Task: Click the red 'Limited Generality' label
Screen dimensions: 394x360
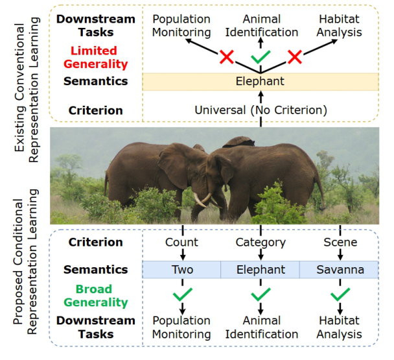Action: tap(95, 57)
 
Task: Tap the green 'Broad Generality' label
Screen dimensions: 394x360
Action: tap(95, 296)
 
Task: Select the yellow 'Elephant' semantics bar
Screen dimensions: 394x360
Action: tap(261, 82)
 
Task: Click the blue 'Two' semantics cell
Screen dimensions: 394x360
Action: tap(181, 270)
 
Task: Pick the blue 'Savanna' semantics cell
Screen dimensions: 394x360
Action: tap(339, 270)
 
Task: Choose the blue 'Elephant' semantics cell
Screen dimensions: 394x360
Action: tap(261, 270)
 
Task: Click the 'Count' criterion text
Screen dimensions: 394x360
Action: tap(181, 242)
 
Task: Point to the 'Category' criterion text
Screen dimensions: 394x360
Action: tap(261, 243)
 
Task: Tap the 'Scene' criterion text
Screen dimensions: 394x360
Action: tap(340, 242)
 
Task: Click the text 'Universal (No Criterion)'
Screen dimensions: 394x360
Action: tap(261, 110)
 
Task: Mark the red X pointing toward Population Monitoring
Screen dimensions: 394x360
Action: tap(227, 56)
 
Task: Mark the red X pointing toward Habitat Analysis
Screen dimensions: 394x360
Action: tap(294, 56)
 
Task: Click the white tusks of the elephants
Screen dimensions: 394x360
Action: tap(204, 200)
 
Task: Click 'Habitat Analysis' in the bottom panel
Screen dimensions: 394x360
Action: tap(339, 328)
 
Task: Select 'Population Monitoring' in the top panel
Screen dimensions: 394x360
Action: tap(181, 26)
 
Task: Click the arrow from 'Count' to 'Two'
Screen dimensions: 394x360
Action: tap(183, 254)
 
